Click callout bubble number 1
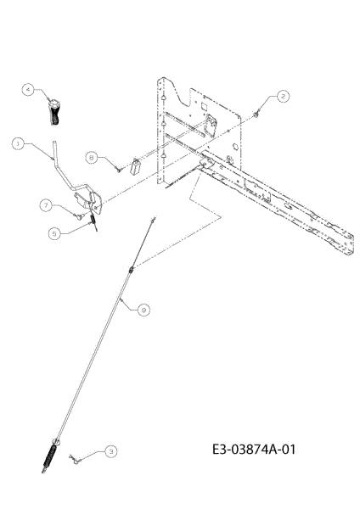[x=18, y=143]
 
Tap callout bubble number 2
[x=283, y=97]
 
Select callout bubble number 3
[x=110, y=451]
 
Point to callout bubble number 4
[x=28, y=89]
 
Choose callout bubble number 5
[x=54, y=233]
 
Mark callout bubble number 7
[x=46, y=205]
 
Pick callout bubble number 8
[x=92, y=158]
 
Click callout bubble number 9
[x=143, y=310]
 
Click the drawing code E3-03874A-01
[x=254, y=450]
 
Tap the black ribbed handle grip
[x=54, y=113]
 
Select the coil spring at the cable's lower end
[x=50, y=456]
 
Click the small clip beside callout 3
[x=74, y=459]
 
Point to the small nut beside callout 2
[x=256, y=114]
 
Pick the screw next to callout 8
[x=118, y=169]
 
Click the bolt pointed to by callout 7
[x=79, y=216]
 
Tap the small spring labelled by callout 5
[x=93, y=221]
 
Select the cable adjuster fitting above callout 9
[x=131, y=269]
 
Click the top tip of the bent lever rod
[x=54, y=142]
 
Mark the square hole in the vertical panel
[x=204, y=106]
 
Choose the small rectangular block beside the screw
[x=136, y=166]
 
